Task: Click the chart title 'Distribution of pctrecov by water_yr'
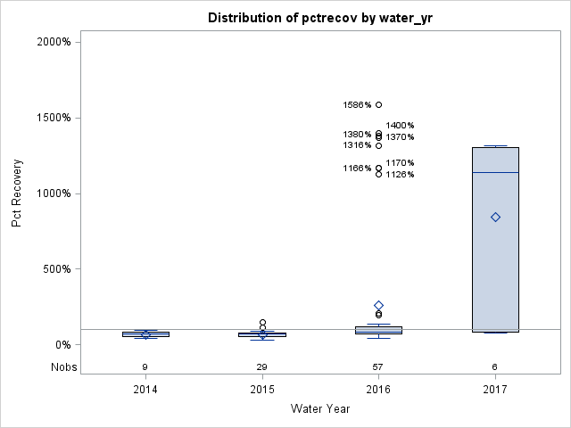point(319,18)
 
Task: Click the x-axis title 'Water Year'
point(319,409)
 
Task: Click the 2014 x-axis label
point(145,390)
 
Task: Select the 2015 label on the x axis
point(261,390)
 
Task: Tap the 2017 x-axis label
point(495,390)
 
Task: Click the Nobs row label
point(63,366)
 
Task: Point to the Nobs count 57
point(378,366)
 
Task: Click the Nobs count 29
point(261,366)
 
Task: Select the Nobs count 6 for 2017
point(495,366)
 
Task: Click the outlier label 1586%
point(357,105)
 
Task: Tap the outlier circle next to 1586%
point(378,105)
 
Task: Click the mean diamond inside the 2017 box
point(495,217)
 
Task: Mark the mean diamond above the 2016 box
point(378,306)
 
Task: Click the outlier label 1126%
point(400,175)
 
